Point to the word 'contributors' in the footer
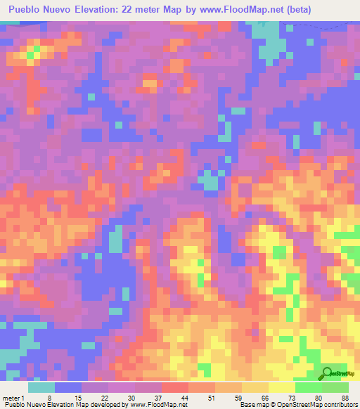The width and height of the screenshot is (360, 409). [x=340, y=405]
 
